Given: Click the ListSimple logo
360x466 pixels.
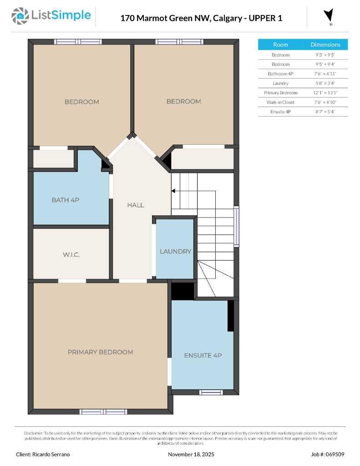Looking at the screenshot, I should (51, 16).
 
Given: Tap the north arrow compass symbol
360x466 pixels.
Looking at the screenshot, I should (328, 15).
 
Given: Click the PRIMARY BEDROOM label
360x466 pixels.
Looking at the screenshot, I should (100, 352).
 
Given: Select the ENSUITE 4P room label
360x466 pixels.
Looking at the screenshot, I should (203, 355).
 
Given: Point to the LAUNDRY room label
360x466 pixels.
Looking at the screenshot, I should (175, 251).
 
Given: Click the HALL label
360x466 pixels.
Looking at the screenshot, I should (136, 205).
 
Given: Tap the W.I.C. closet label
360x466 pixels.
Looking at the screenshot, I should (71, 254).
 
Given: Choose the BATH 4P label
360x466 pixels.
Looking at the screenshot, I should (66, 200).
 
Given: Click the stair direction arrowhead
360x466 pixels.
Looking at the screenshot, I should (173, 191).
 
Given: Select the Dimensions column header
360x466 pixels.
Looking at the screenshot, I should (325, 45).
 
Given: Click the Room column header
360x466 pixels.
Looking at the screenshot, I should (280, 45).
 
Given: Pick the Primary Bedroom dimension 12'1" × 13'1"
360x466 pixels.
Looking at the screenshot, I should (325, 93).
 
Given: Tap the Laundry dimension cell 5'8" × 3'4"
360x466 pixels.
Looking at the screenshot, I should (325, 83).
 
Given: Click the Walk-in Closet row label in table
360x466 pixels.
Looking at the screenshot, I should (280, 102).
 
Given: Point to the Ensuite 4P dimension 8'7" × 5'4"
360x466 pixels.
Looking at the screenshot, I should (325, 112).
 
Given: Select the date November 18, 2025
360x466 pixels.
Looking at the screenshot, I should (191, 454).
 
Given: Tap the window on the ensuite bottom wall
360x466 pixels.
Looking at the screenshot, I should (211, 392).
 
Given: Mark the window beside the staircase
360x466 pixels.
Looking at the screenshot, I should (236, 227).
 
